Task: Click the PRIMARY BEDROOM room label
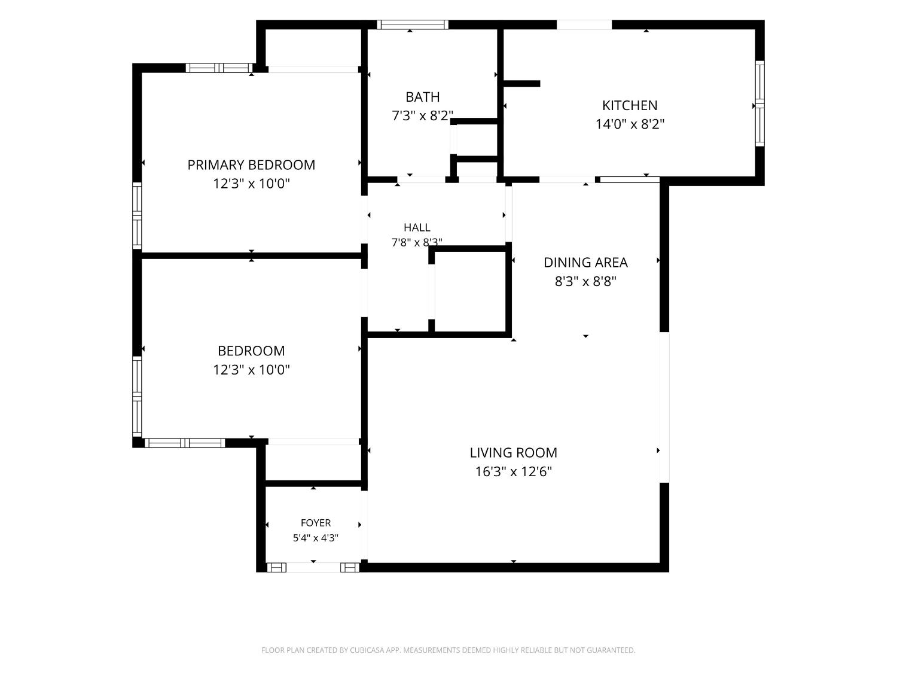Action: click(x=251, y=165)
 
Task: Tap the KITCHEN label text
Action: click(x=630, y=105)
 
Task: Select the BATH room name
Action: click(x=423, y=97)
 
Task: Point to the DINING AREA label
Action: click(x=585, y=263)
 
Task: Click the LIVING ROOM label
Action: click(x=513, y=453)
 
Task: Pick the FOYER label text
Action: click(x=316, y=523)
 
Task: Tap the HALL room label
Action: click(x=417, y=227)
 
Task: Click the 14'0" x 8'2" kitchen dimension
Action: click(x=630, y=124)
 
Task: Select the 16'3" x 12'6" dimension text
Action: click(x=513, y=471)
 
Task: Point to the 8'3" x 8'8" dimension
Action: click(x=585, y=281)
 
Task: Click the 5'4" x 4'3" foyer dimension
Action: click(x=316, y=538)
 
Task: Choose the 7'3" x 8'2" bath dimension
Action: click(x=423, y=115)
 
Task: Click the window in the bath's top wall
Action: click(x=413, y=25)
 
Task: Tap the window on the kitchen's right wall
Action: click(x=759, y=103)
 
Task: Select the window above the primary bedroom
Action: click(x=219, y=68)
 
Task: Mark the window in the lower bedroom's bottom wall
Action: click(x=185, y=443)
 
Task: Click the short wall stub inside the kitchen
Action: click(x=521, y=83)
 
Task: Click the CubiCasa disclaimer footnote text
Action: click(x=448, y=650)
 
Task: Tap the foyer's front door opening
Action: click(x=313, y=567)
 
